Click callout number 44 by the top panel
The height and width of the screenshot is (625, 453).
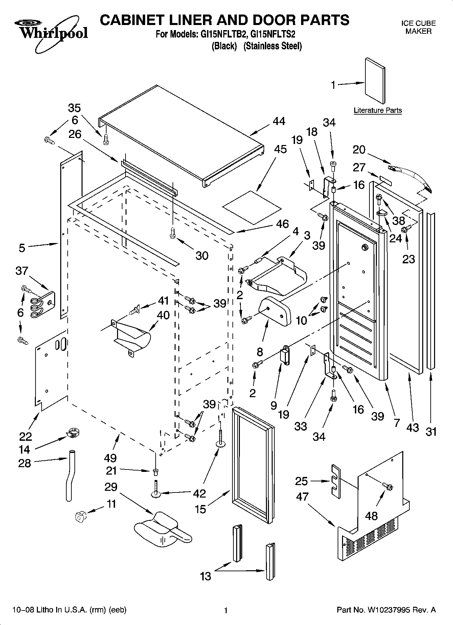point(279,121)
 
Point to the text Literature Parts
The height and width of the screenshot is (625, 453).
point(378,110)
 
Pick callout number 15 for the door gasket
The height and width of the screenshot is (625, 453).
point(200,509)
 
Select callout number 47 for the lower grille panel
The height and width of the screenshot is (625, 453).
point(302,497)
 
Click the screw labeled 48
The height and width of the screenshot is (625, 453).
point(388,486)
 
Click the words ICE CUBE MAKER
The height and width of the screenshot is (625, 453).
point(418,27)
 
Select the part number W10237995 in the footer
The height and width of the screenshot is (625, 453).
point(388,610)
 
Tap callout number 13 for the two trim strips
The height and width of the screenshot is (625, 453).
point(206,576)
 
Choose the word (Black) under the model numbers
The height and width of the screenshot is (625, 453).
point(224,46)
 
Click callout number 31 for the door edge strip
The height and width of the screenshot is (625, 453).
point(431,432)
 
